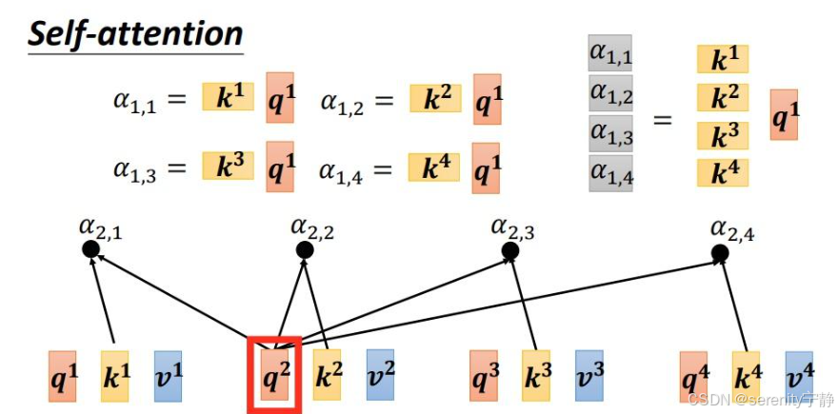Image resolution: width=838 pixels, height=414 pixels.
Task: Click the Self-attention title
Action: pyautogui.click(x=135, y=35)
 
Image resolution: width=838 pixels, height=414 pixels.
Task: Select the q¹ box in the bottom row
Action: pyautogui.click(x=63, y=376)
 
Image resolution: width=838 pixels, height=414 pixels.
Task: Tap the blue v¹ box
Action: pyautogui.click(x=168, y=376)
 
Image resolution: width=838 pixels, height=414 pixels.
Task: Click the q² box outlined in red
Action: pyautogui.click(x=274, y=376)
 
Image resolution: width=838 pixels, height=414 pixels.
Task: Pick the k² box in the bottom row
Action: pyautogui.click(x=328, y=376)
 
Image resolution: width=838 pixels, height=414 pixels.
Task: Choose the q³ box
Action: pyautogui.click(x=483, y=376)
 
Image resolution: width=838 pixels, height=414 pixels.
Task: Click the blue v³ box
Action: pyautogui.click(x=589, y=376)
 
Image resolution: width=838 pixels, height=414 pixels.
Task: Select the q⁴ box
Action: pyautogui.click(x=693, y=378)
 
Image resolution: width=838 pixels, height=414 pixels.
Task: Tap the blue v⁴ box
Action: pyautogui.click(x=799, y=376)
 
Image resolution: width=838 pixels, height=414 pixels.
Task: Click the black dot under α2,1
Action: pyautogui.click(x=90, y=249)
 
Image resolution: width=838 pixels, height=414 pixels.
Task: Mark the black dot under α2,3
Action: pyautogui.click(x=510, y=250)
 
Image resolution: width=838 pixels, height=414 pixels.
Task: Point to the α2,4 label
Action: pyautogui.click(x=732, y=229)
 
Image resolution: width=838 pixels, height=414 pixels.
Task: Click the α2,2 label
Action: pyautogui.click(x=312, y=227)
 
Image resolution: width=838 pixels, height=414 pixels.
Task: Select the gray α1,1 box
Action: pyautogui.click(x=610, y=57)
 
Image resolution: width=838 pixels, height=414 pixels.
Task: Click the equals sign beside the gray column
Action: pyautogui.click(x=662, y=120)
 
